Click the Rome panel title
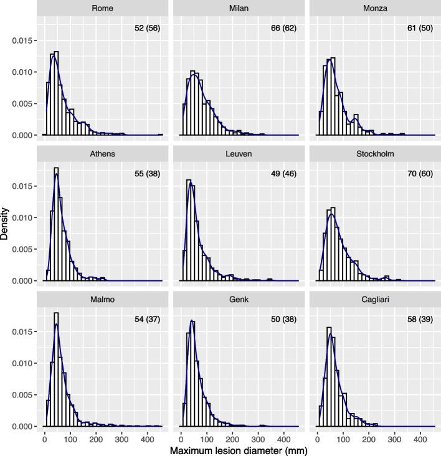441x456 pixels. [102, 8]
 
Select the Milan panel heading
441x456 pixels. [239, 8]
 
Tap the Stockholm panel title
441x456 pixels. [375, 154]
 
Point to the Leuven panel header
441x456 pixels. [239, 154]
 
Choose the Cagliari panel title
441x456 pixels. [375, 300]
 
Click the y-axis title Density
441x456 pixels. [6, 224]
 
